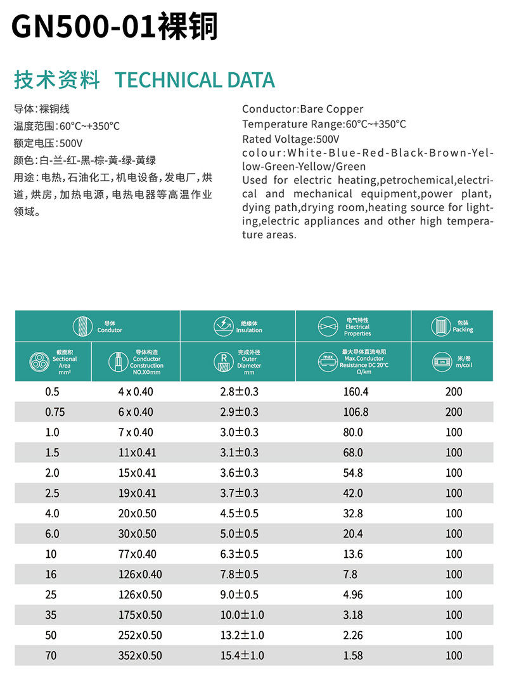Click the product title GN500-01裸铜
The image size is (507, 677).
coord(114,27)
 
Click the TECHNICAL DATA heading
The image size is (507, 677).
coord(195,80)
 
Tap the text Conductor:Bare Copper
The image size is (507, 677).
coord(303,109)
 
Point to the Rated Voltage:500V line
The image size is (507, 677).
coord(291,139)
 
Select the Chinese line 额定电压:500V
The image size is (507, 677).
coord(48,143)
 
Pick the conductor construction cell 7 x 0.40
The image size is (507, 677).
coord(136,432)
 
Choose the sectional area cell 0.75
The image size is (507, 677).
coord(55,412)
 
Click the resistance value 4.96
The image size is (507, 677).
coord(353,595)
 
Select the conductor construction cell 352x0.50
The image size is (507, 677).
coord(140,655)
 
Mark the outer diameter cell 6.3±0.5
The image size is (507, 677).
coord(239,554)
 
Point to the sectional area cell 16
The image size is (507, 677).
coord(51,574)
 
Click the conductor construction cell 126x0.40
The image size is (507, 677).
coord(140,574)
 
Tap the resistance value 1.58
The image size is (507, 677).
coord(353,655)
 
